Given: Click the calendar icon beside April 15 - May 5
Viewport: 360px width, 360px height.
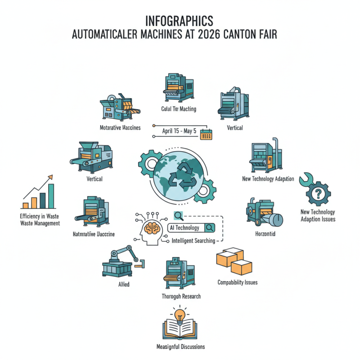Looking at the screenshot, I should click(206, 134).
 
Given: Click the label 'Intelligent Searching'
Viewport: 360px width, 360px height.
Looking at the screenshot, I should click(193, 241).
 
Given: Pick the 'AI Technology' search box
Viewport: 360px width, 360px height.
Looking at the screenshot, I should click(191, 228).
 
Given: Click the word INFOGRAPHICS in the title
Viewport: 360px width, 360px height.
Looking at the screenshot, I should click(180, 21).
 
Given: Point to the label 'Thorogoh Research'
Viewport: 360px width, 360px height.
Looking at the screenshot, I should click(181, 296).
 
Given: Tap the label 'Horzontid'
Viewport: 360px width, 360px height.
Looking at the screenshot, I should click(265, 234).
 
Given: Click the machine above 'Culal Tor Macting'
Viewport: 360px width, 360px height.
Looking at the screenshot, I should click(178, 89).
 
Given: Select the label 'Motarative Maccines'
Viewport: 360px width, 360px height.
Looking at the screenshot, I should click(120, 127).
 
